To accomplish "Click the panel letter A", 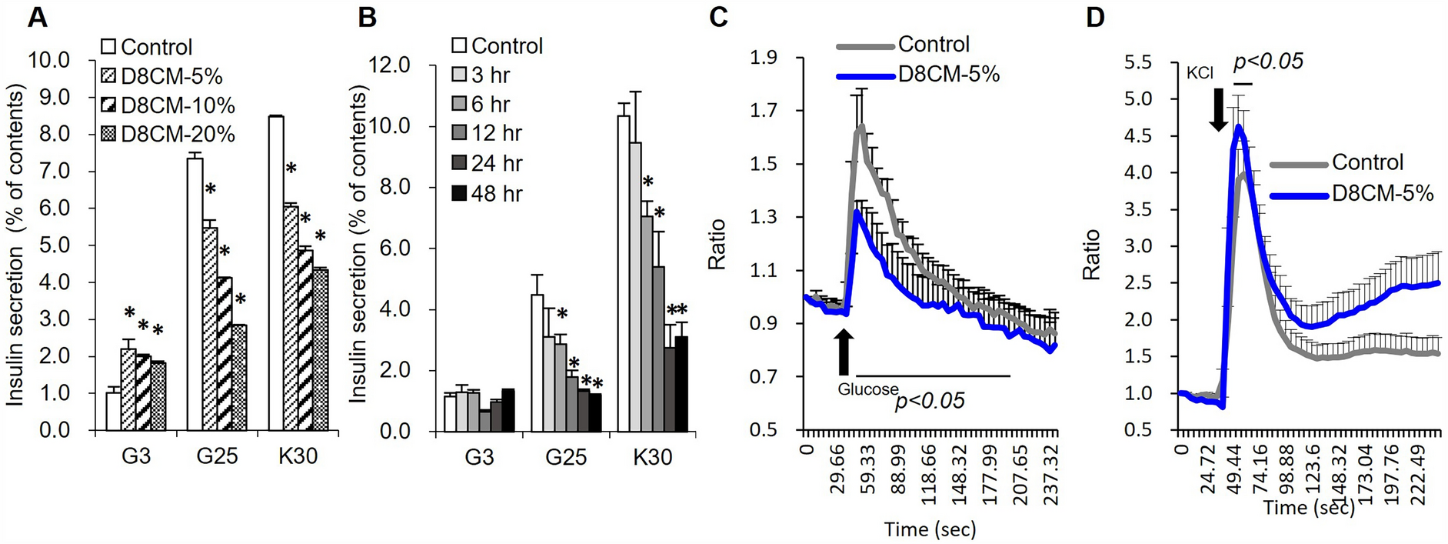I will [x=37, y=17].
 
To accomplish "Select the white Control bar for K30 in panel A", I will [x=276, y=273].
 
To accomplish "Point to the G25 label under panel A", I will [x=217, y=456].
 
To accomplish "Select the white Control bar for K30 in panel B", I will [x=623, y=273].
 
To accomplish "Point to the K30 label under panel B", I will [x=652, y=457].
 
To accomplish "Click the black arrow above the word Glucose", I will [x=844, y=352].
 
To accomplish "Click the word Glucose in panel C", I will [x=868, y=389].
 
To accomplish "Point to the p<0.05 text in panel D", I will [x=1268, y=62].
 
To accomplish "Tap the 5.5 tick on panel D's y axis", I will [x=1140, y=62].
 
